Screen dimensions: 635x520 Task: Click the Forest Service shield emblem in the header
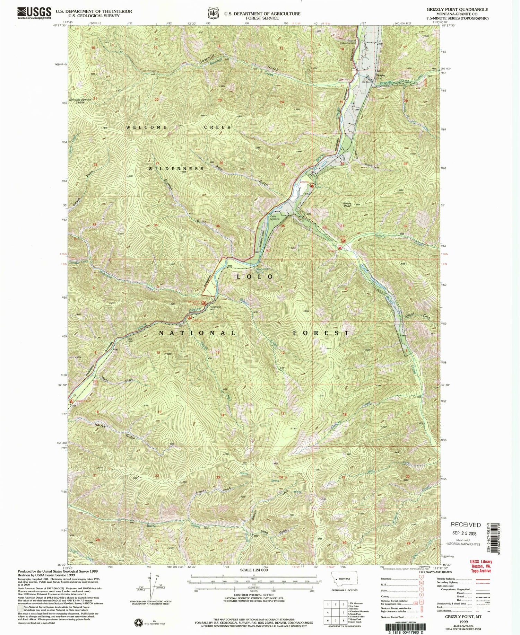(212, 13)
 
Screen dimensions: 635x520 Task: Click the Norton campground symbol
(312, 186)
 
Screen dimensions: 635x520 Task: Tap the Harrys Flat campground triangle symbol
(71, 402)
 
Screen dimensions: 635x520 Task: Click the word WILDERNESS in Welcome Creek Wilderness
(176, 169)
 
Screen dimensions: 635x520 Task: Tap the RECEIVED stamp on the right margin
(465, 525)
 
